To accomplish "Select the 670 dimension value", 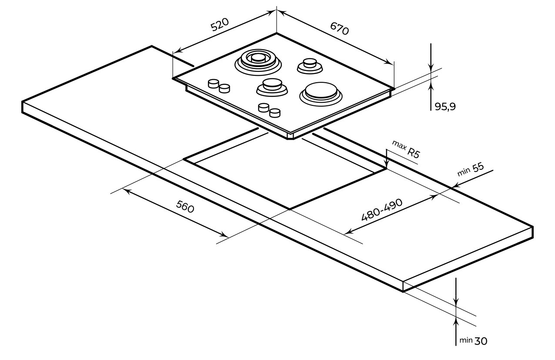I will click(340, 29).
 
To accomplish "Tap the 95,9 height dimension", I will click(445, 106).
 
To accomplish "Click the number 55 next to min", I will click(478, 168).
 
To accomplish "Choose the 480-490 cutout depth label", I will click(381, 210).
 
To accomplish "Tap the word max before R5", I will click(399, 144).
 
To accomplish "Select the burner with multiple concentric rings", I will click(257, 61).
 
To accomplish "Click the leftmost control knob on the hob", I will click(213, 84).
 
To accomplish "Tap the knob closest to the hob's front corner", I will click(274, 112).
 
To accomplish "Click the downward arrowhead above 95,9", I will click(431, 68).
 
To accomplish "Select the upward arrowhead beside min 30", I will click(456, 321).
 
